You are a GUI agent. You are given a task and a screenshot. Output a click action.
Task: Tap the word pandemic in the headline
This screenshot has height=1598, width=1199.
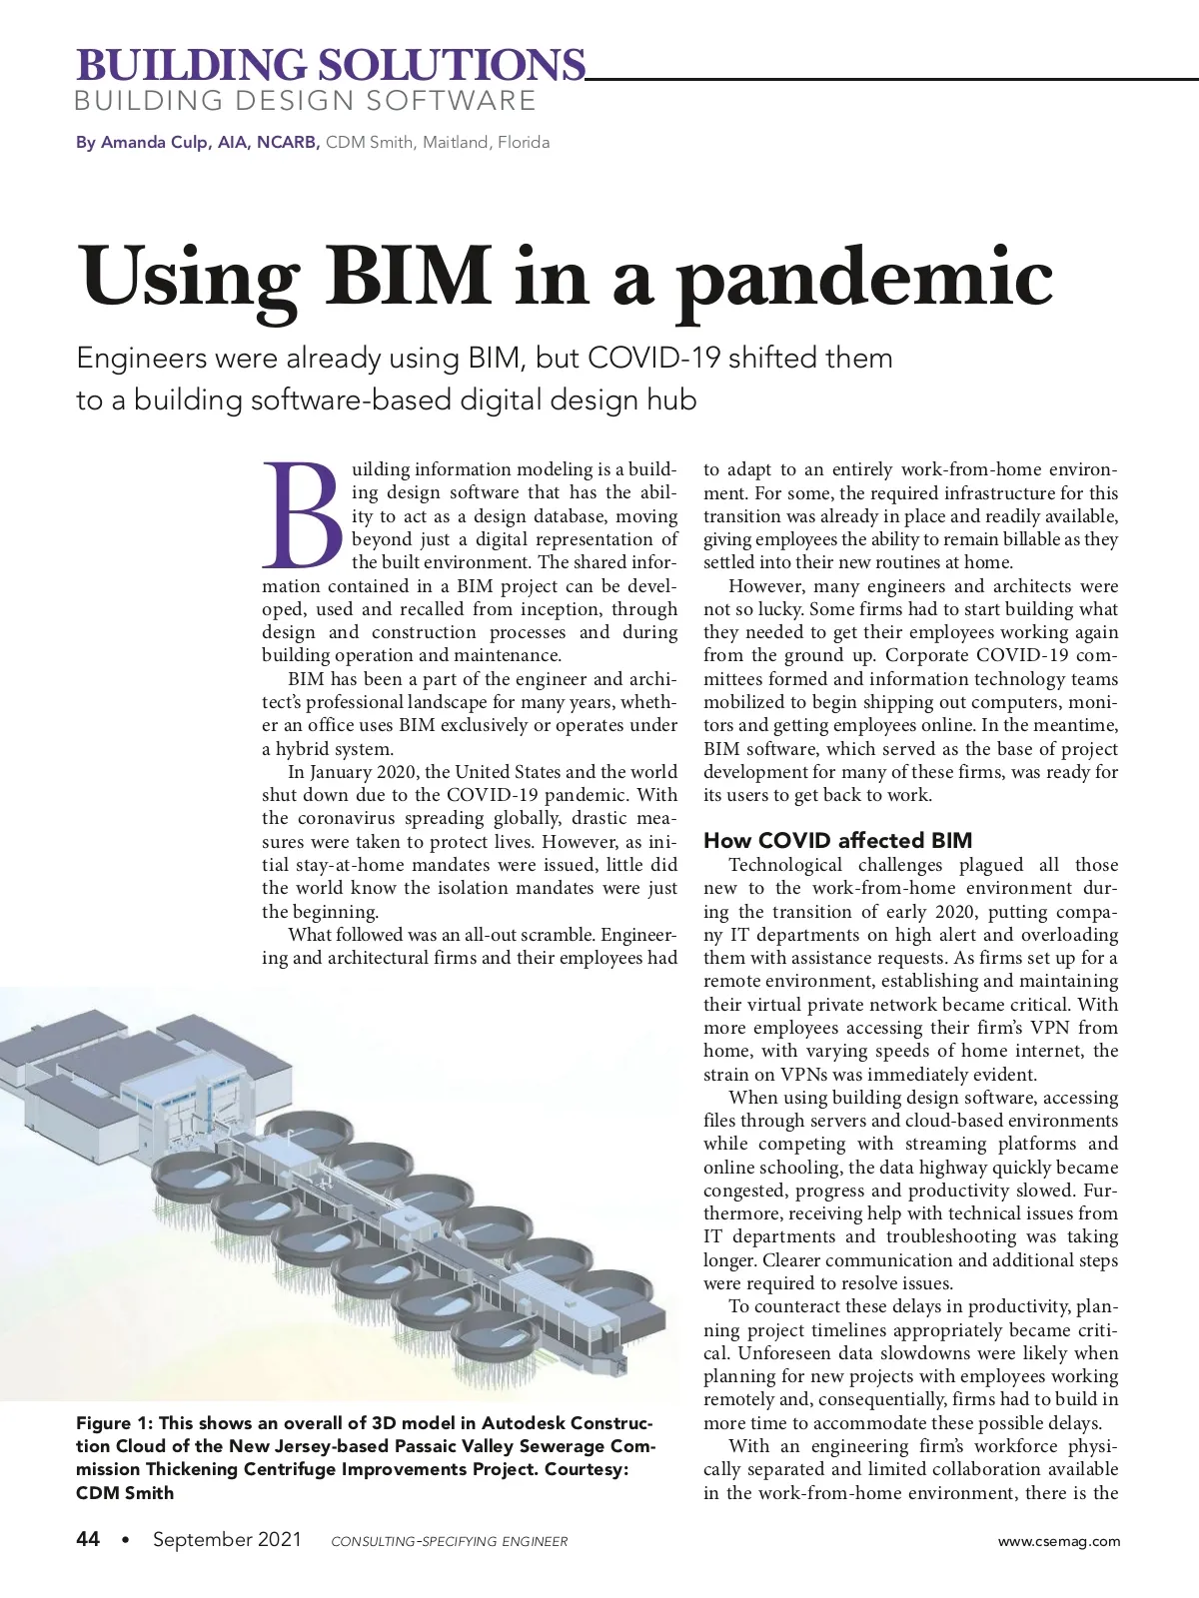pyautogui.click(x=864, y=280)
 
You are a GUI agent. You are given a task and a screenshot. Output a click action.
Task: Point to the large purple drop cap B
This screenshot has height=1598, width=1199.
pyautogui.click(x=302, y=511)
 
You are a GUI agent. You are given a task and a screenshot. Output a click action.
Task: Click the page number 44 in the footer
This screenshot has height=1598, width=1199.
pyautogui.click(x=88, y=1539)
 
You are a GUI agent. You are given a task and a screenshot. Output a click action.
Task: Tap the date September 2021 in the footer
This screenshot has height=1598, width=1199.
pyautogui.click(x=227, y=1539)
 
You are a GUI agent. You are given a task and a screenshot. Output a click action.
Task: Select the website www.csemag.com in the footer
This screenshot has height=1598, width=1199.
pyautogui.click(x=1059, y=1541)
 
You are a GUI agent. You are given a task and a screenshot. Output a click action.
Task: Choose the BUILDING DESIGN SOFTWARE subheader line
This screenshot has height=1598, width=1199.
pyautogui.click(x=306, y=101)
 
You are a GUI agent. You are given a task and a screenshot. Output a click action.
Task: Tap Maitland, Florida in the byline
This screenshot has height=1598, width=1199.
pyautogui.click(x=486, y=142)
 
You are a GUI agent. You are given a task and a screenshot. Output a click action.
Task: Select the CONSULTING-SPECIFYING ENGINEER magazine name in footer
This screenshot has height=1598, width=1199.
pyautogui.click(x=449, y=1541)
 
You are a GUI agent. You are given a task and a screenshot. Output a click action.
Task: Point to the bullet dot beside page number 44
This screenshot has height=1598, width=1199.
pyautogui.click(x=125, y=1539)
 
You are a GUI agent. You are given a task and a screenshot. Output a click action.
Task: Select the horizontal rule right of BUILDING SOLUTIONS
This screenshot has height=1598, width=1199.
pyautogui.click(x=889, y=77)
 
